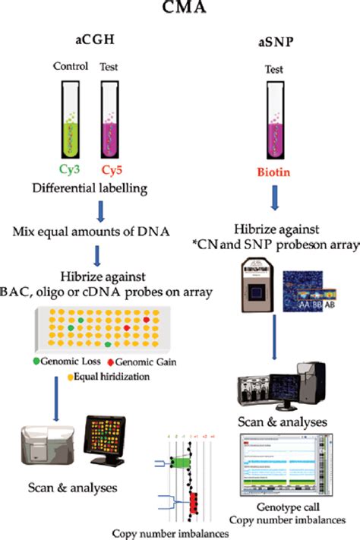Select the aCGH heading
pyautogui.click(x=94, y=37)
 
